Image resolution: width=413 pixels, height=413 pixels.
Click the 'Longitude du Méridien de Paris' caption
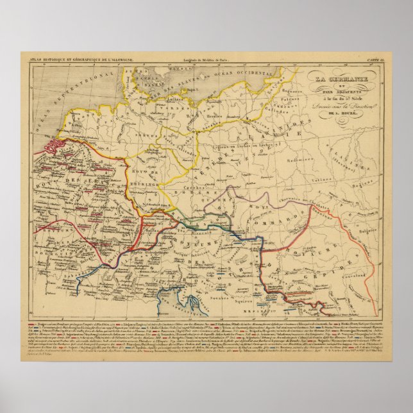coord(197,60)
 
